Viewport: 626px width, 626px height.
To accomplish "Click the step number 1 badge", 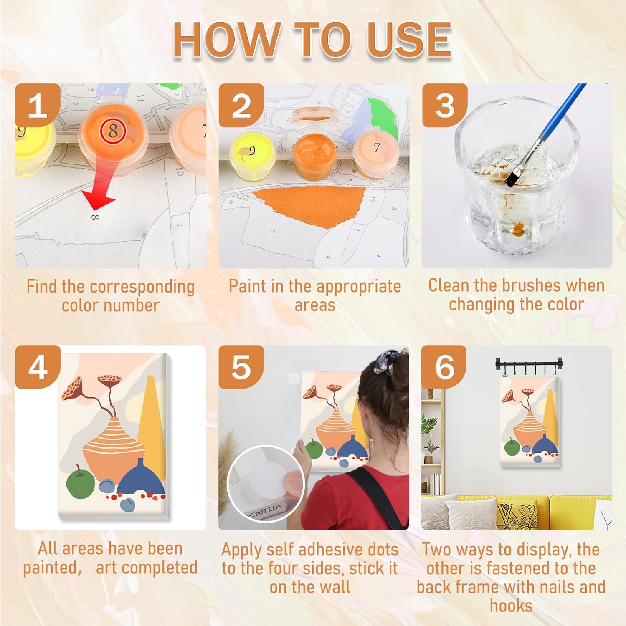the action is [x=38, y=105].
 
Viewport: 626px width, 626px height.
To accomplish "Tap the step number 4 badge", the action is [x=38, y=367].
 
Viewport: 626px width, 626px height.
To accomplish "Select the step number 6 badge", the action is [x=444, y=367].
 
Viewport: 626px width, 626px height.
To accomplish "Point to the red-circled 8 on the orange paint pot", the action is [x=113, y=131].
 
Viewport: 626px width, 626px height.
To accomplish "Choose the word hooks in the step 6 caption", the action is [x=511, y=606].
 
